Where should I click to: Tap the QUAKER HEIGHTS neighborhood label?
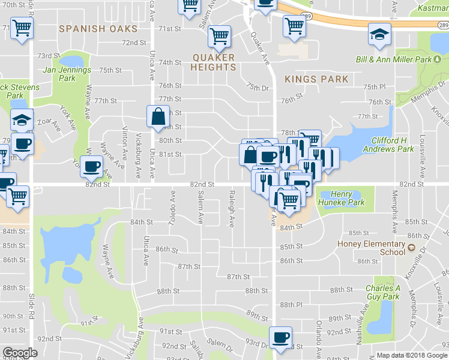214,62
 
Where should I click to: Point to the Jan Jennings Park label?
67,74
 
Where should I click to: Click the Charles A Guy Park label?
383,292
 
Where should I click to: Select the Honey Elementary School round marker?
411,247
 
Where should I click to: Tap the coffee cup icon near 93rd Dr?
280,337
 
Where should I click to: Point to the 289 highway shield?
442,25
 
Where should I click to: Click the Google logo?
19,353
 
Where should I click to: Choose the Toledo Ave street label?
172,208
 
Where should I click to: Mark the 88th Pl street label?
291,305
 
